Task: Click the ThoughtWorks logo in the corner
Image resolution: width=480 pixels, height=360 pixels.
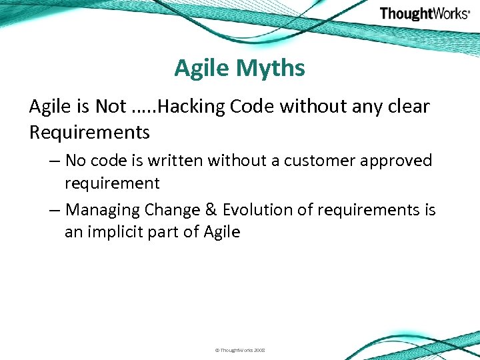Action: [425, 14]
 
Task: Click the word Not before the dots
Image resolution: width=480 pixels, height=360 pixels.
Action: [111, 106]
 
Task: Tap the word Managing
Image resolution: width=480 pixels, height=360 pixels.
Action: [103, 210]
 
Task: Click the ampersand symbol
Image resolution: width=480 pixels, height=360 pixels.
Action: [211, 210]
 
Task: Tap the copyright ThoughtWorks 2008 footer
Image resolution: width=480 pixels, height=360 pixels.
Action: [239, 350]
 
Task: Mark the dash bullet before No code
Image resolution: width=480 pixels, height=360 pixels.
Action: [55, 161]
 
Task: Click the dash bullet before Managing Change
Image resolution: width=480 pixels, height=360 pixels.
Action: [55, 211]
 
